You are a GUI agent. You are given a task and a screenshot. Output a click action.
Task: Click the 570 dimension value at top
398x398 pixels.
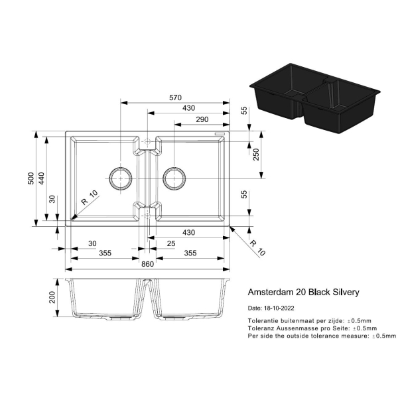tap(175, 98)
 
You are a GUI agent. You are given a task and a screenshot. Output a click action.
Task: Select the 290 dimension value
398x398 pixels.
tap(202, 119)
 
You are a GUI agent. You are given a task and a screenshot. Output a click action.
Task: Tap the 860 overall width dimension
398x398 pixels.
tap(147, 264)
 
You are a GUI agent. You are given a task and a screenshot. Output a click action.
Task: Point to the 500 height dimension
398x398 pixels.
tap(31, 178)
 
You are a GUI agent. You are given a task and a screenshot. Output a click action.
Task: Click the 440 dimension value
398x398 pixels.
tap(42, 178)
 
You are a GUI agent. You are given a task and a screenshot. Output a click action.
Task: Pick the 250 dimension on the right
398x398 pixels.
tap(256, 155)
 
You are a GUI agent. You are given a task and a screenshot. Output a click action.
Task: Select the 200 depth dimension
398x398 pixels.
tap(52, 297)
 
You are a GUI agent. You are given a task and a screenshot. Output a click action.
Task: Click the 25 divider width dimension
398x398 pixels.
tap(171, 243)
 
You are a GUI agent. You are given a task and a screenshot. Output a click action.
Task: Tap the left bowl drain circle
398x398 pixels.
tap(121, 178)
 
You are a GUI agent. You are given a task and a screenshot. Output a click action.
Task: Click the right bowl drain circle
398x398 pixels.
tap(174, 178)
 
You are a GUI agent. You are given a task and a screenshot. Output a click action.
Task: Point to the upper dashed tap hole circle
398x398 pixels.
tap(147, 141)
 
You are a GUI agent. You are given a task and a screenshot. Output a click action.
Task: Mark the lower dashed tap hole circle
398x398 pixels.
tap(147, 216)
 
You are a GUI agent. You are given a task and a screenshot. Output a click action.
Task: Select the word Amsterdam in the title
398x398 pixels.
tap(271, 292)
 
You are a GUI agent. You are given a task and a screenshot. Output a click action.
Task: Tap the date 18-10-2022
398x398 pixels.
tap(279, 308)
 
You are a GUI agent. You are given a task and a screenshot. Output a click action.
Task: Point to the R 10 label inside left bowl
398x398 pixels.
tap(90, 198)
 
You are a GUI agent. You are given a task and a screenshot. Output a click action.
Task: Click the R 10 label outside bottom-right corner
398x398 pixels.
tap(257, 248)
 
